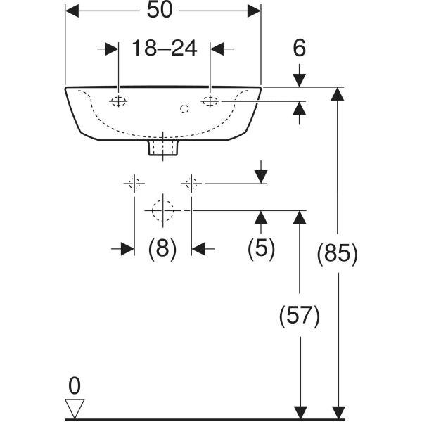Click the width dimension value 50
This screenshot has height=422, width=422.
162,11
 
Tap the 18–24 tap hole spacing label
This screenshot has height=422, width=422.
163,49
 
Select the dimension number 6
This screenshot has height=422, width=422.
300,49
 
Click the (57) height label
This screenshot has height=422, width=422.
300,316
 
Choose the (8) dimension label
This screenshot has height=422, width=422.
162,248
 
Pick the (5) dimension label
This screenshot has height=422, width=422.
261,248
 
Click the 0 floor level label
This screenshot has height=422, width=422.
75,385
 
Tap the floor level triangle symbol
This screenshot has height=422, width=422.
75,407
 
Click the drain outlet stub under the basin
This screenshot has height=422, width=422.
162,147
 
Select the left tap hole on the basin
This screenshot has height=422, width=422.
118,102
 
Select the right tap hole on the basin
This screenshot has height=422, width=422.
210,102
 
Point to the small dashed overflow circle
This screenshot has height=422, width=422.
184,108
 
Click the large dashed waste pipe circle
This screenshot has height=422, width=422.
162,210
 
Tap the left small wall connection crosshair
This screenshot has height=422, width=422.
134,184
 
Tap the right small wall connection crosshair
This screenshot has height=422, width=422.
191,184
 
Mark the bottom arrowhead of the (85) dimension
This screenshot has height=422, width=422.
338,411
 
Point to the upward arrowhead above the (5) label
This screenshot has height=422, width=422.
261,217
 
